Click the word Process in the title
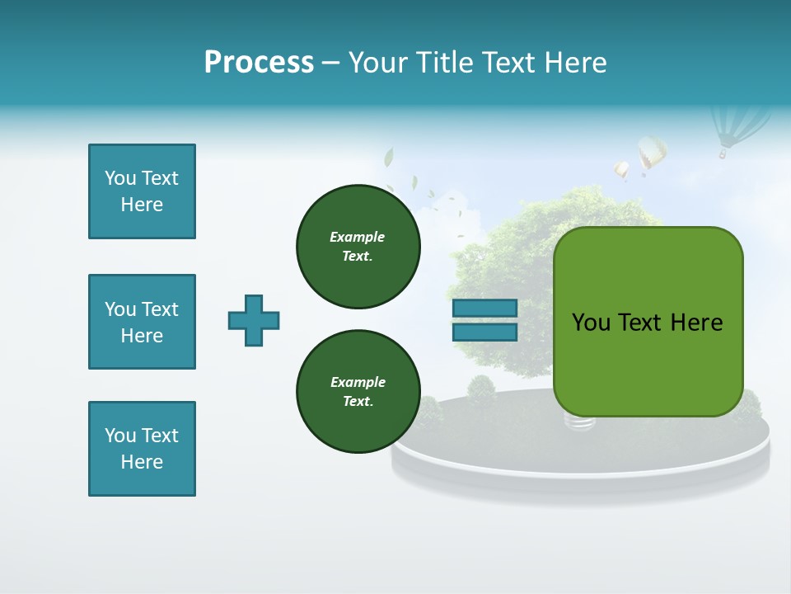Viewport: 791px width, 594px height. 259,63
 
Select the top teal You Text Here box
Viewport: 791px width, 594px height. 142,191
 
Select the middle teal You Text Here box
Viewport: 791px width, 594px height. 142,322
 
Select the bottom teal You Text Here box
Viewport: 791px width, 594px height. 142,449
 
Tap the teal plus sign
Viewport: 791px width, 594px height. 254,320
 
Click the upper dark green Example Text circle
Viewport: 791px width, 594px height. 358,247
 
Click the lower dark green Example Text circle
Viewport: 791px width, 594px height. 358,392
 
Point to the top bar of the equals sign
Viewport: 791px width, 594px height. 484,308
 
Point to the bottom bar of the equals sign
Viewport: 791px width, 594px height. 484,332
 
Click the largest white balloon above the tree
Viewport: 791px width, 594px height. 652,153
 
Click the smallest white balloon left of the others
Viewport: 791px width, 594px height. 621,170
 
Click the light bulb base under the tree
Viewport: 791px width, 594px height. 578,422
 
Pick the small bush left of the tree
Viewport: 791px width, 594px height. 480,388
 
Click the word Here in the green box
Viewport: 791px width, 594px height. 696,323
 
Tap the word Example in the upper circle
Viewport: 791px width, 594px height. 358,237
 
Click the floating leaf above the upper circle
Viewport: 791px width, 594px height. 389,157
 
